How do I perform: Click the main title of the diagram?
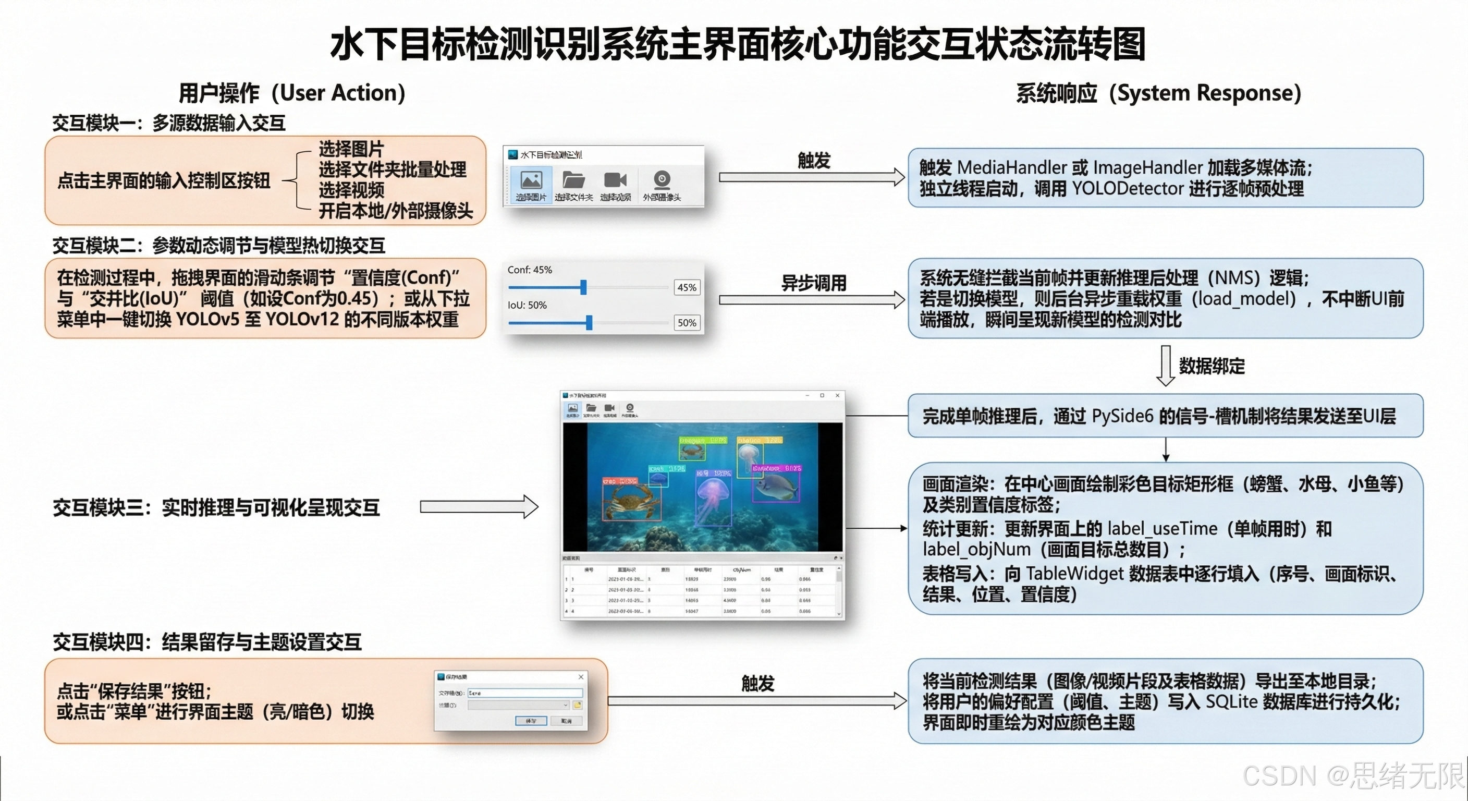(738, 44)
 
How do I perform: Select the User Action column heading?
(292, 93)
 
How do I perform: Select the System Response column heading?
(1158, 93)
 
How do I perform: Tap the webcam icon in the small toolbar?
(662, 179)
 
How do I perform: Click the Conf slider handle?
(583, 287)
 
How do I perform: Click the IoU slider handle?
(589, 323)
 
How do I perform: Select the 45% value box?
(687, 287)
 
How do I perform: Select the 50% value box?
(687, 323)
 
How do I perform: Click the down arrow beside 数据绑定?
(1166, 366)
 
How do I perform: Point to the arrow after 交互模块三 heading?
(479, 507)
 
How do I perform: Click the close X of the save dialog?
(581, 677)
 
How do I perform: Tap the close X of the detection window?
(837, 395)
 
